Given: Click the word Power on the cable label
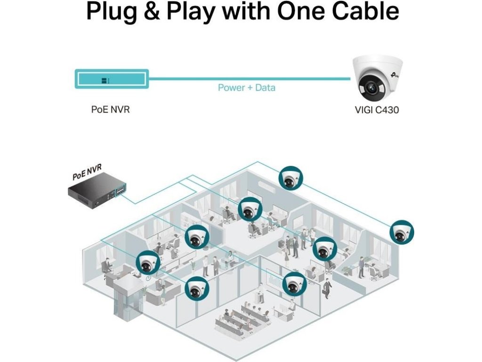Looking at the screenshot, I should (x=231, y=88).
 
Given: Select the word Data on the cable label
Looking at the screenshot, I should (x=265, y=88).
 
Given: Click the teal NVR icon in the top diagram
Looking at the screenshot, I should (x=112, y=79).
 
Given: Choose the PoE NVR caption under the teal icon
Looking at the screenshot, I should (x=110, y=109).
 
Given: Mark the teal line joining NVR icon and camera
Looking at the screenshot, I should (x=249, y=78).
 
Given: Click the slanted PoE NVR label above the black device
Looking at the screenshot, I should (x=87, y=172).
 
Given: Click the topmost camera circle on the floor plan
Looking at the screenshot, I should (x=290, y=178).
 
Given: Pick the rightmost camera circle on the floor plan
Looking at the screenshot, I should (x=402, y=231).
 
